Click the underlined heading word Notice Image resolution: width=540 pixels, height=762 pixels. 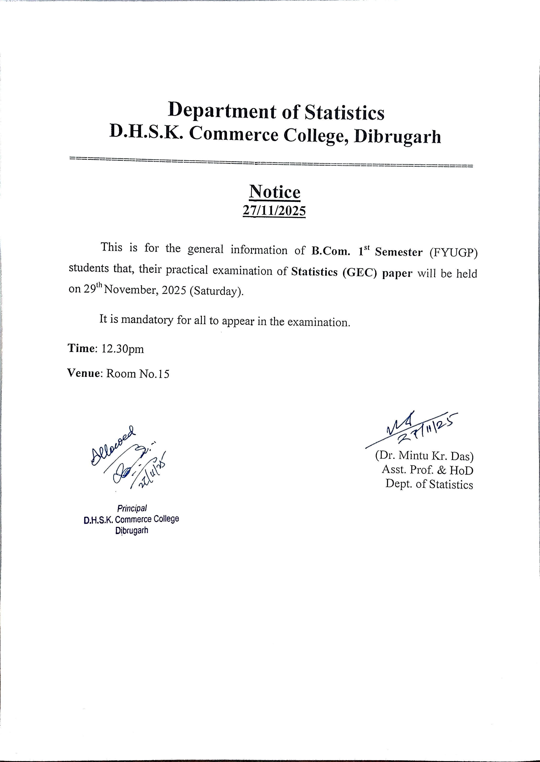click(x=275, y=192)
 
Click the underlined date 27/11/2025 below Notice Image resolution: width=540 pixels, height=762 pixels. click(x=274, y=211)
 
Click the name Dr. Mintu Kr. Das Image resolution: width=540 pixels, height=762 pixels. click(x=424, y=455)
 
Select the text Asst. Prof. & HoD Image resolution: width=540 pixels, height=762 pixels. click(x=427, y=470)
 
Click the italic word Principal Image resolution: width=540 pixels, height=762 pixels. click(x=132, y=508)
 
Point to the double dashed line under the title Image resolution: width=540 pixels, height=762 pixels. click(x=271, y=162)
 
